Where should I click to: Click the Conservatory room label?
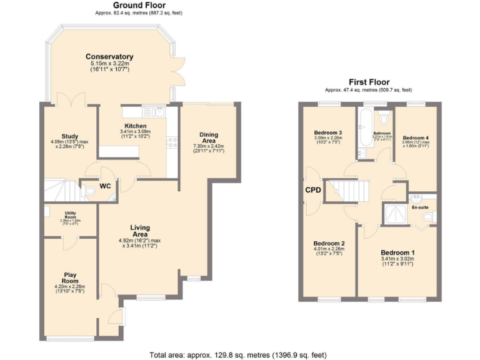tap(109, 56)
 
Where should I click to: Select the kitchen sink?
tap(154, 112)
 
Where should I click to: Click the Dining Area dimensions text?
tap(209, 149)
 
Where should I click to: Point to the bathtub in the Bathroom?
tap(365, 119)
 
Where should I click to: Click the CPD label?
tap(313, 190)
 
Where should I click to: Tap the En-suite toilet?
tap(428, 217)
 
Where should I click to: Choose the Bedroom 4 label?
tap(416, 137)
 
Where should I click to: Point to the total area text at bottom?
tap(237, 355)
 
